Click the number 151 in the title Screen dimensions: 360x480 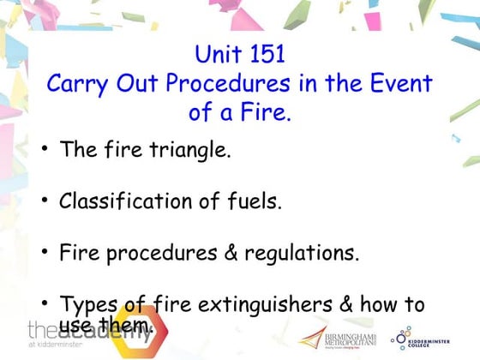264,54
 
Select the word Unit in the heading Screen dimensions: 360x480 217,54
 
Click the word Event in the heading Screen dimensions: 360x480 402,83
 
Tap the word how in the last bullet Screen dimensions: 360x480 372,305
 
